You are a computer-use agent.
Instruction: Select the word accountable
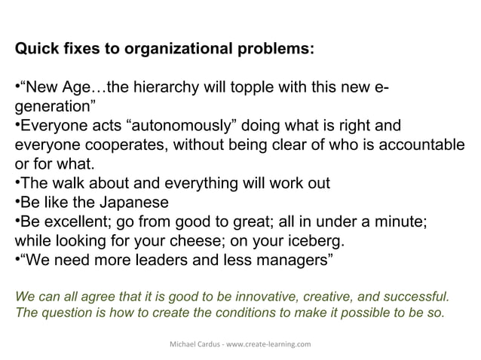coord(424,145)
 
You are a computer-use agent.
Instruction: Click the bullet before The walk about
coord(17,184)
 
